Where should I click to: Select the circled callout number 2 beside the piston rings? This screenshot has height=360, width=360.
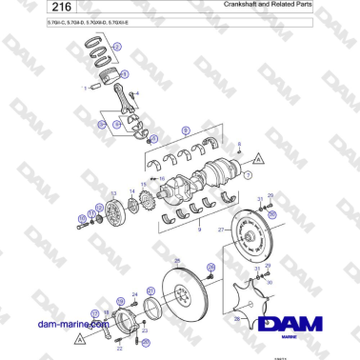click(117, 46)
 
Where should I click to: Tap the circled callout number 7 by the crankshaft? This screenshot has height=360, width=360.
click(249, 176)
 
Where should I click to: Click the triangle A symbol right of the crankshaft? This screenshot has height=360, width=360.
click(259, 158)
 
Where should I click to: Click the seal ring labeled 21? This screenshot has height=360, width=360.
click(150, 310)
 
